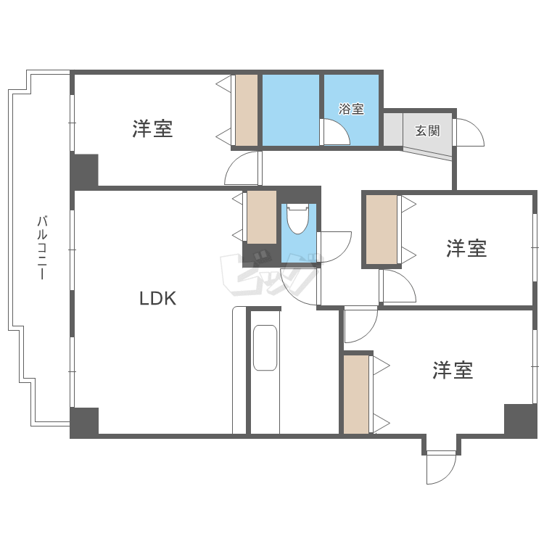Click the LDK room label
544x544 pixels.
point(158,298)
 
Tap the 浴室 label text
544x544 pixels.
point(351,110)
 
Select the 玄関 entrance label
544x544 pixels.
point(427,131)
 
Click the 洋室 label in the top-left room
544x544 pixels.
point(152,129)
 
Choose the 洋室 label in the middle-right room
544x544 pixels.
point(466,248)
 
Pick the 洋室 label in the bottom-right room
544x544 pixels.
point(453,371)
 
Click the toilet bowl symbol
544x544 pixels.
point(297,218)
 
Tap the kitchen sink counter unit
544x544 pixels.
point(265,347)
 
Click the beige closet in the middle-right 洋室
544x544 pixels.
point(382,229)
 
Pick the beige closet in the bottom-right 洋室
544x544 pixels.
point(356,394)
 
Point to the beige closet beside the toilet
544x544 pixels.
point(262,216)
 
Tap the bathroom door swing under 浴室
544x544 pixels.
point(336,133)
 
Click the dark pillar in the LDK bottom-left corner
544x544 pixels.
point(84,422)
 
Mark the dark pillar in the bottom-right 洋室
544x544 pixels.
point(520,420)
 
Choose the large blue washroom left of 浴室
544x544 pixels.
point(290,110)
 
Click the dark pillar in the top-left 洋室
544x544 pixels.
point(84,170)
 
